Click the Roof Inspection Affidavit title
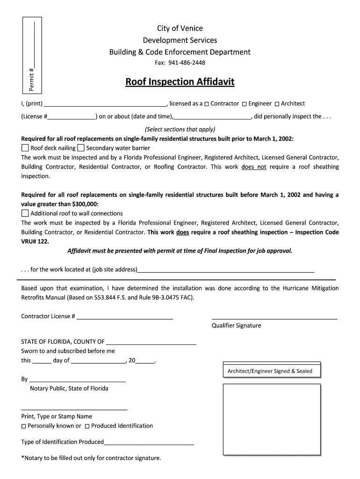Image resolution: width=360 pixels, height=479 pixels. [180, 83]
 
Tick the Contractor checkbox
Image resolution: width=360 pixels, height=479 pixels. [207, 104]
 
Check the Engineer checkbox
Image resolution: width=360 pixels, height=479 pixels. [245, 104]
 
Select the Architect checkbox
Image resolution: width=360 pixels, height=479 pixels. [277, 104]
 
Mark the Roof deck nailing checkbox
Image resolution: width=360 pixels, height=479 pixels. [25, 148]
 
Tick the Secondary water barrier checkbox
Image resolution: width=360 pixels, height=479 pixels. [81, 148]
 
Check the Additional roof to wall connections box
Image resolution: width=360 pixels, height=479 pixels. [25, 213]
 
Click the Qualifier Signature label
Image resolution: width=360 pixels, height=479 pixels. [236, 326]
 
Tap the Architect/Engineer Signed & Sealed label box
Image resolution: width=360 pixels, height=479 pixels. [270, 371]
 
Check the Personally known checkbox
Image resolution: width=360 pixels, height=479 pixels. [24, 426]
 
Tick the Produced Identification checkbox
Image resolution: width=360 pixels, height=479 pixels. [87, 426]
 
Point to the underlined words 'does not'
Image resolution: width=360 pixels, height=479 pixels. [254, 167]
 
